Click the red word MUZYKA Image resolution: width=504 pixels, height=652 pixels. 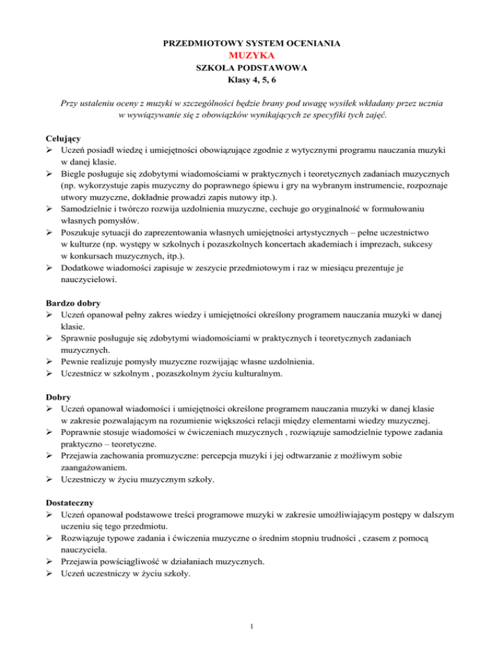(x=251, y=55)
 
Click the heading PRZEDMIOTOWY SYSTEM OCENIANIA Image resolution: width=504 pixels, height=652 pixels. (x=251, y=43)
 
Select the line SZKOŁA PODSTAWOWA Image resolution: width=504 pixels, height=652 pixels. (x=251, y=68)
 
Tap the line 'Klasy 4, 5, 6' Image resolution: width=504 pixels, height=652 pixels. (x=251, y=81)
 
